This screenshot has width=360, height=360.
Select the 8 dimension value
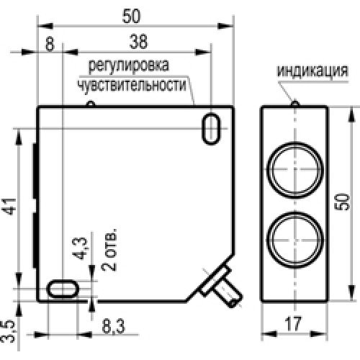point(49,42)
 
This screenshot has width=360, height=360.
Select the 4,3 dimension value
point(81,248)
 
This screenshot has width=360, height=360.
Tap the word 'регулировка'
point(129,67)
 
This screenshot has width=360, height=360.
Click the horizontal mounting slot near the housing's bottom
point(63,289)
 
